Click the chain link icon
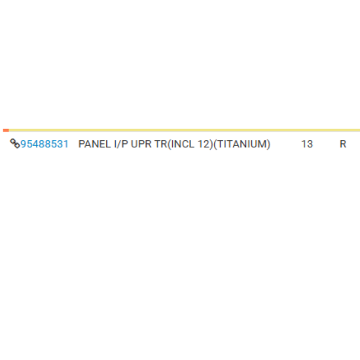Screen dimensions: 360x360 pyautogui.click(x=15, y=143)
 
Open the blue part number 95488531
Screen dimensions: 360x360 pyautogui.click(x=45, y=144)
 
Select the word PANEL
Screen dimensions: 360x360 pyautogui.click(x=94, y=144)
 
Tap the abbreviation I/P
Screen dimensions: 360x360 pyautogui.click(x=121, y=144)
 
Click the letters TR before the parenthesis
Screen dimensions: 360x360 pyautogui.click(x=161, y=144)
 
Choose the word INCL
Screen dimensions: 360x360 pyautogui.click(x=182, y=144)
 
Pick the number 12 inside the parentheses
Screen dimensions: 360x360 pyautogui.click(x=203, y=144)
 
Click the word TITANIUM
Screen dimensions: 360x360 pyautogui.click(x=242, y=144)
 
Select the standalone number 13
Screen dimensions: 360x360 pyautogui.click(x=307, y=144)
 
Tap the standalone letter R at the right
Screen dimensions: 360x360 pyautogui.click(x=343, y=144)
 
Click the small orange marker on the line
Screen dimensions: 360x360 pyautogui.click(x=6, y=130)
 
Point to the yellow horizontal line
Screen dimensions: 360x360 pyautogui.click(x=185, y=130)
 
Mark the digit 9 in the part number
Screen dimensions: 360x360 pyautogui.click(x=24, y=144)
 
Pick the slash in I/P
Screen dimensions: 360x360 pyautogui.click(x=120, y=144)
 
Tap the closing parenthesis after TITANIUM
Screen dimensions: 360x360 pyautogui.click(x=268, y=145)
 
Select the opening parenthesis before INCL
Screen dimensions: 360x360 pyautogui.click(x=170, y=145)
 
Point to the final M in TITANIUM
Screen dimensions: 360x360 pyautogui.click(x=262, y=144)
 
